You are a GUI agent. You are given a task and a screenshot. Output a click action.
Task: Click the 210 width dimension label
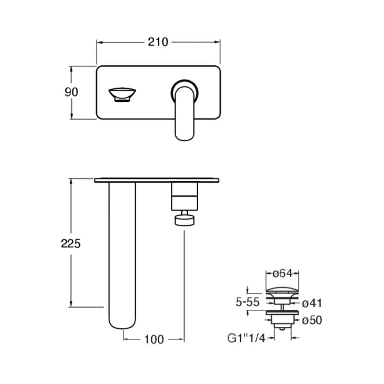(158, 42)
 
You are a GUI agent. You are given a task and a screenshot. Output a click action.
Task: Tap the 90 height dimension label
(71, 92)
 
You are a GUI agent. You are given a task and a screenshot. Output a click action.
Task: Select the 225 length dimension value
(71, 244)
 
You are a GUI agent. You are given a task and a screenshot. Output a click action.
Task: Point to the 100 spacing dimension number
(154, 339)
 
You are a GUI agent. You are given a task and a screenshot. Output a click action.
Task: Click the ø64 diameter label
(283, 273)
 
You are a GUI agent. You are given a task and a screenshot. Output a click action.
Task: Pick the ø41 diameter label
(312, 303)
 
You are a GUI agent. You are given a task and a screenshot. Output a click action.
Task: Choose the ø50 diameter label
(312, 320)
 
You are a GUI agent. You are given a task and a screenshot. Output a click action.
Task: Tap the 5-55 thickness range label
(247, 302)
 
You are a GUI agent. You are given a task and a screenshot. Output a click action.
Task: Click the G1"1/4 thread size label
(246, 338)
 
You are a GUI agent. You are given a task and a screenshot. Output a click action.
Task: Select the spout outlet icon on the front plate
(122, 94)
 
